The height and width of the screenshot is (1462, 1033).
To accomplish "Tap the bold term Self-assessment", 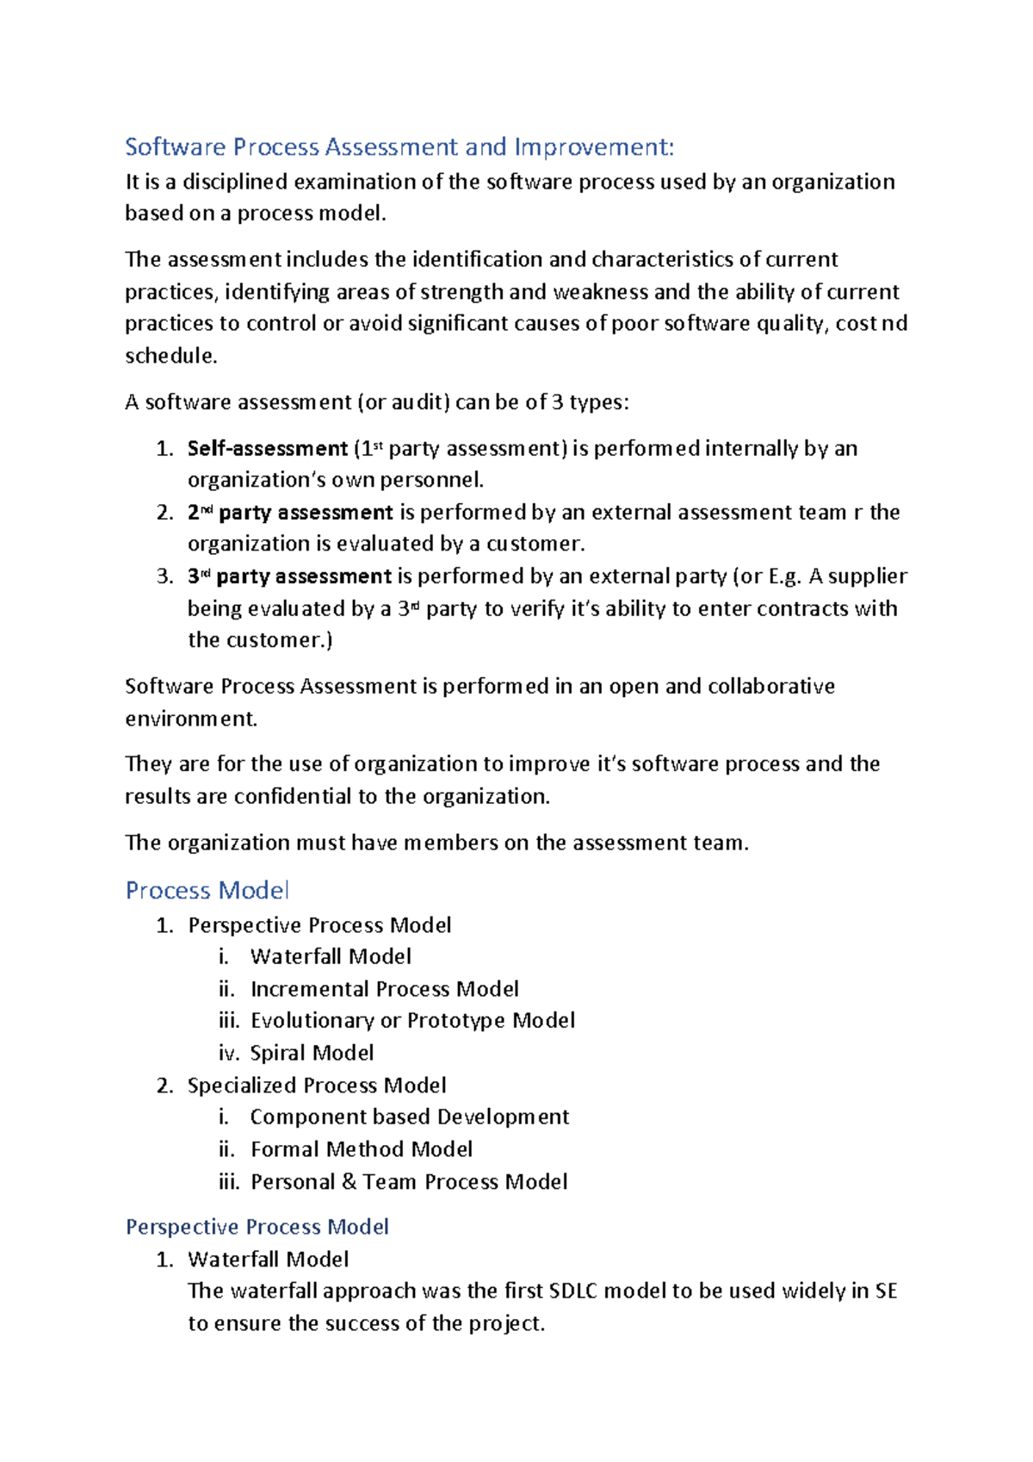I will [x=267, y=449].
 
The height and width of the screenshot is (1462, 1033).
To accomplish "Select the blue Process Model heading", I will [x=207, y=891].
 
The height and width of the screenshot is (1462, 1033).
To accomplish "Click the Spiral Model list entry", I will [x=312, y=1053].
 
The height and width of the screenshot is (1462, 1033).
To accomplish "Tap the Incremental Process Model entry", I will [x=384, y=989].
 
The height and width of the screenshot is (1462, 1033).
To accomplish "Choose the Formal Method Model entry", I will [x=362, y=1149].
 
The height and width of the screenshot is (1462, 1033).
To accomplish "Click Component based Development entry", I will [x=409, y=1117].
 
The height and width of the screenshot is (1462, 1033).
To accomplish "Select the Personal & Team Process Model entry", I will [x=409, y=1182].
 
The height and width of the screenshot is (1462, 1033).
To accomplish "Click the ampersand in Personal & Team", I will [x=349, y=1182].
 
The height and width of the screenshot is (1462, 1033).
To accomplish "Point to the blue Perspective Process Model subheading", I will [x=257, y=1227].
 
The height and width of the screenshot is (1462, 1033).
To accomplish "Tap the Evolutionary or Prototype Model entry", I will [x=412, y=1021].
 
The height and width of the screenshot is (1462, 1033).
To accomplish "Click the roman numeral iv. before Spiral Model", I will [x=229, y=1053].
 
